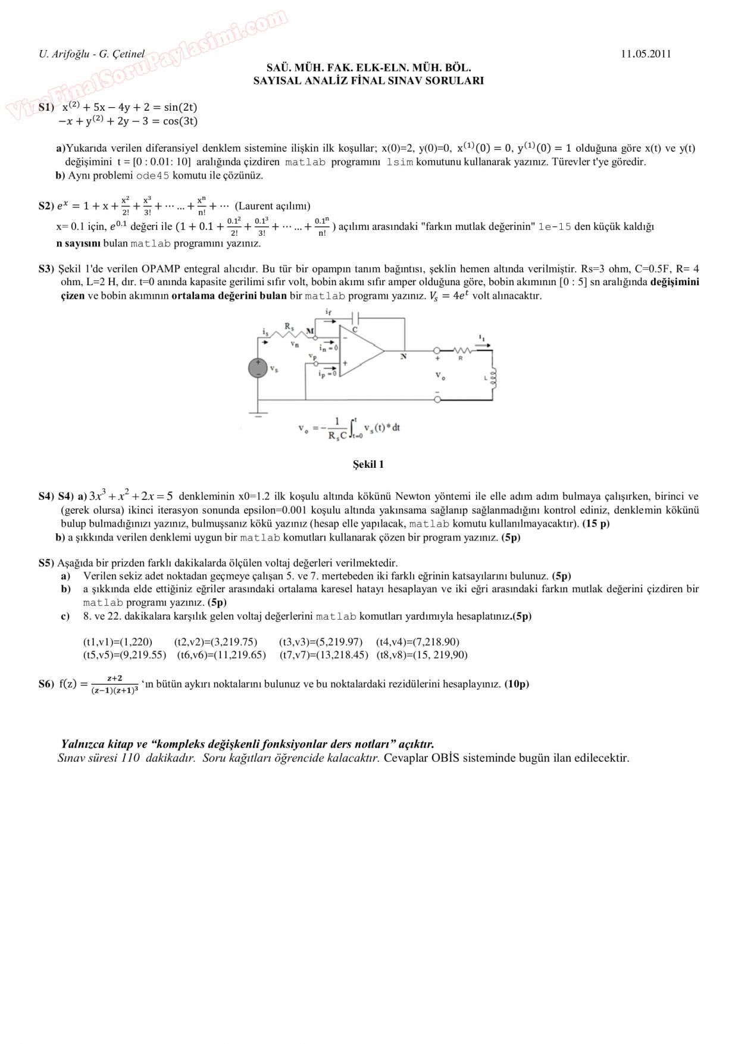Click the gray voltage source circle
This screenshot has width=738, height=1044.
(x=258, y=368)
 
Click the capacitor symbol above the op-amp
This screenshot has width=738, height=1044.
(x=355, y=317)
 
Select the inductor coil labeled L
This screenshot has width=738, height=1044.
(x=493, y=377)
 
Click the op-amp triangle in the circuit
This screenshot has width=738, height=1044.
(x=361, y=351)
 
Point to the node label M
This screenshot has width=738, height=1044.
(x=309, y=332)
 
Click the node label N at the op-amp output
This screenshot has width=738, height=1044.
(x=404, y=357)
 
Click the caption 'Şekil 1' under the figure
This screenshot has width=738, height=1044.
(x=368, y=464)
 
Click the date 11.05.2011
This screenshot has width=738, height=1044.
(x=646, y=54)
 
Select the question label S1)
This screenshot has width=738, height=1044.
(x=46, y=108)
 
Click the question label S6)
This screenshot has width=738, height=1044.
(x=46, y=684)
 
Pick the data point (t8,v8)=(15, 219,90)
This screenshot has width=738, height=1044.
(x=421, y=655)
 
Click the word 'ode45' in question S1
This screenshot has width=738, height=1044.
(x=152, y=176)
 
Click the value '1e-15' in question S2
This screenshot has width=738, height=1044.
(x=555, y=227)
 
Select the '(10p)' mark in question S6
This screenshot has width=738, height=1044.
(x=517, y=684)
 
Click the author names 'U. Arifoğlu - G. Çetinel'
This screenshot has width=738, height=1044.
(x=92, y=54)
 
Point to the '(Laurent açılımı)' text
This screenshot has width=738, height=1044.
(x=273, y=206)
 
